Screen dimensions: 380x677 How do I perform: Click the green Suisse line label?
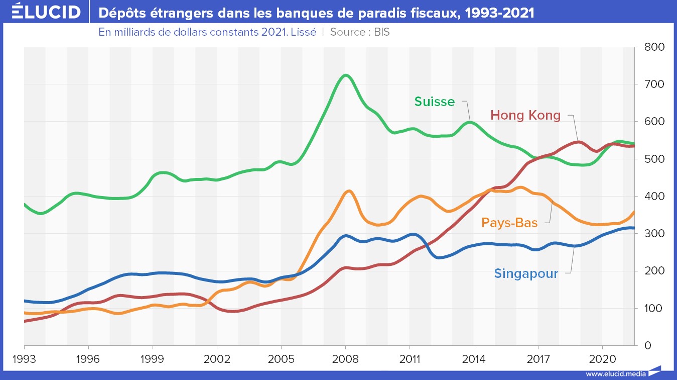click(x=435, y=102)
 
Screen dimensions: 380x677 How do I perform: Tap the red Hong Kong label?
click(x=525, y=115)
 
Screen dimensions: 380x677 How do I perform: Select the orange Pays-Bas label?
click(x=509, y=222)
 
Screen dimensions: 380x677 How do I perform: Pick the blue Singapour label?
click(x=526, y=274)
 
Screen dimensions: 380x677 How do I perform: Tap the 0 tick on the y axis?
click(x=647, y=346)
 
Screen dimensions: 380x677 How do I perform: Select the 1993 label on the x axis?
click(x=25, y=359)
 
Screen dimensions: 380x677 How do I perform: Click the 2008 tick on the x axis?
click(x=345, y=359)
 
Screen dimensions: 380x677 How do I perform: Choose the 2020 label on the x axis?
click(x=602, y=359)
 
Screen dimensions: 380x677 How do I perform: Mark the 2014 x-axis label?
click(x=474, y=359)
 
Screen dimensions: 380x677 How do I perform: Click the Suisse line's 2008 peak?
click(x=345, y=75)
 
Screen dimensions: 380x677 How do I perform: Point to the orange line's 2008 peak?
click(x=349, y=191)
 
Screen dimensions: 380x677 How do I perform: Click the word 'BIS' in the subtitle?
click(x=382, y=32)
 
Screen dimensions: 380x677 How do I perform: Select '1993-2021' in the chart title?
click(x=500, y=13)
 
